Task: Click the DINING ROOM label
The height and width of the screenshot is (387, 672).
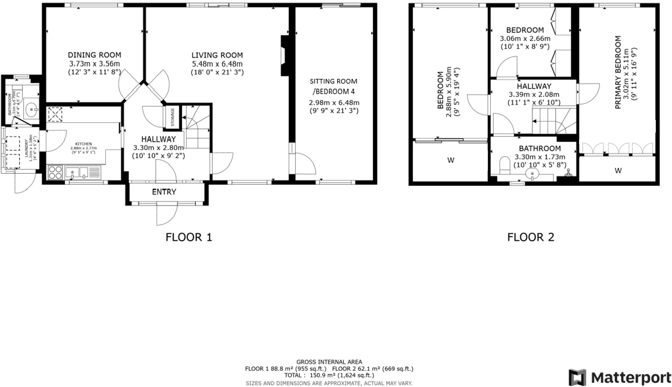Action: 94,55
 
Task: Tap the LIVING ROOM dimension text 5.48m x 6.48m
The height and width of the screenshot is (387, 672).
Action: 217,64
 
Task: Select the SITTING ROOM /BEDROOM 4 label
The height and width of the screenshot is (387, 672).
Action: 334,86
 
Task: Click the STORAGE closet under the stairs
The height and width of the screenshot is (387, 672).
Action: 173,117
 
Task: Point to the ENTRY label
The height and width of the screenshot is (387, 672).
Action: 164,192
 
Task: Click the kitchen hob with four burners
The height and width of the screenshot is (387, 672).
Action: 55,172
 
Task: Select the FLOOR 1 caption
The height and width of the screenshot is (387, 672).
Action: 188,237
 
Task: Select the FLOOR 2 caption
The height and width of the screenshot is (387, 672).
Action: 530,237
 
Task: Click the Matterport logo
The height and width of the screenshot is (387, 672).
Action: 619,377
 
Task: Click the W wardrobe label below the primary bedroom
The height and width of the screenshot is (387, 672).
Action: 618,171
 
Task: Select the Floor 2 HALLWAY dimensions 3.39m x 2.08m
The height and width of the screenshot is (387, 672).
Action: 534,94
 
